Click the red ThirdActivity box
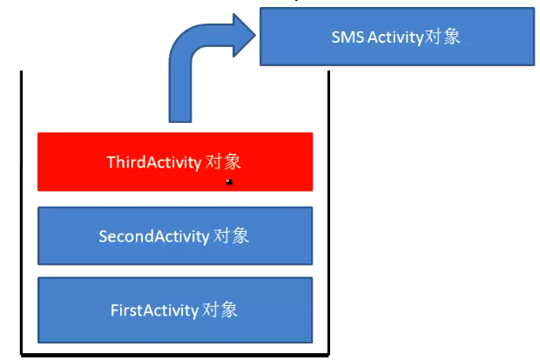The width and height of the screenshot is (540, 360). pyautogui.click(x=175, y=162)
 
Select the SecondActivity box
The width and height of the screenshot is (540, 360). pyautogui.click(x=175, y=236)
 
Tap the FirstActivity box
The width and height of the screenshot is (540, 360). pyautogui.click(x=175, y=310)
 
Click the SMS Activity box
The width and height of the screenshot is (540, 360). pyautogui.click(x=397, y=37)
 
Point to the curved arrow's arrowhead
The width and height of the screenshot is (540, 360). pyautogui.click(x=244, y=35)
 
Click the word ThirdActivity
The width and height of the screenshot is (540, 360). pyautogui.click(x=154, y=162)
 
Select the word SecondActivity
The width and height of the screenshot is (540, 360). pyautogui.click(x=154, y=236)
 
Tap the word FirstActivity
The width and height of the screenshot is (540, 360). pyautogui.click(x=155, y=310)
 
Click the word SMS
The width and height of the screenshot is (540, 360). pyautogui.click(x=348, y=37)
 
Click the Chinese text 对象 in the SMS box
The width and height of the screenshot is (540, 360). pyautogui.click(x=442, y=37)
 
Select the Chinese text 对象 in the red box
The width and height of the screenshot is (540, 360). pyautogui.click(x=223, y=162)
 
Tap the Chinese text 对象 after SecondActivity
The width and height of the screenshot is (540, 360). pyautogui.click(x=231, y=236)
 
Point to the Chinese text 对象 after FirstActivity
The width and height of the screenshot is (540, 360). pyautogui.click(x=219, y=309)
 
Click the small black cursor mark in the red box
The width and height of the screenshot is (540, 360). pyautogui.click(x=229, y=181)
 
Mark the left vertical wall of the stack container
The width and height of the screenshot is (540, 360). pyautogui.click(x=22, y=212)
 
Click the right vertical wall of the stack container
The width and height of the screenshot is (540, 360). pyautogui.click(x=328, y=212)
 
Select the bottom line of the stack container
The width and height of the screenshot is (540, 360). pyautogui.click(x=175, y=355)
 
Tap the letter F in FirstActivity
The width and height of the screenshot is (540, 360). pyautogui.click(x=114, y=310)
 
